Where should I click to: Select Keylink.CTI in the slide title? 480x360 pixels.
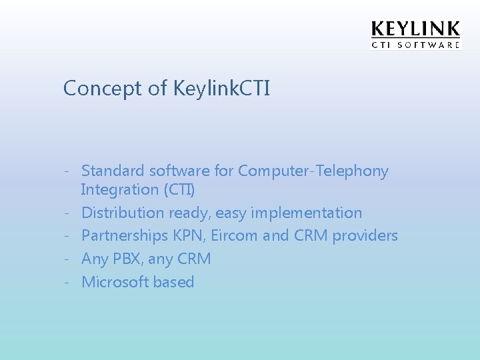pos(221,89)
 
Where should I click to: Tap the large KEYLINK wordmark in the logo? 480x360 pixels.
pos(415,29)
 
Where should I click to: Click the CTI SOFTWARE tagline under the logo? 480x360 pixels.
pos(415,45)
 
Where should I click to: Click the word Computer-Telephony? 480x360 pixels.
pos(313,171)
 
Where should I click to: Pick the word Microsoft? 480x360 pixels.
pos(115,282)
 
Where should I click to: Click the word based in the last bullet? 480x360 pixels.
pos(173,282)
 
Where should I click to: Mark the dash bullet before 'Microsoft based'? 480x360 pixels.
pos(67,282)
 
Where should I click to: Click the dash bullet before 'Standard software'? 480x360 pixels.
pos(67,172)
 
